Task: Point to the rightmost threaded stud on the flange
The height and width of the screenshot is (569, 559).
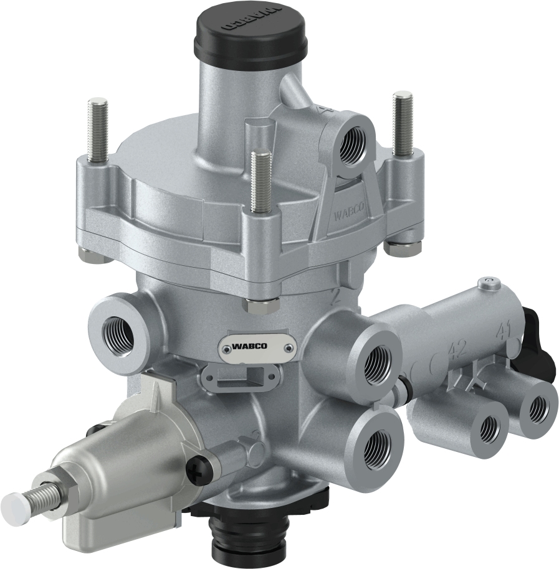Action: tap(403, 124)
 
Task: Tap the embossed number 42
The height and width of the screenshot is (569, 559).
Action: tap(458, 349)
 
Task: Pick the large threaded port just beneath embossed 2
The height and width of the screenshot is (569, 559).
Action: tap(376, 364)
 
